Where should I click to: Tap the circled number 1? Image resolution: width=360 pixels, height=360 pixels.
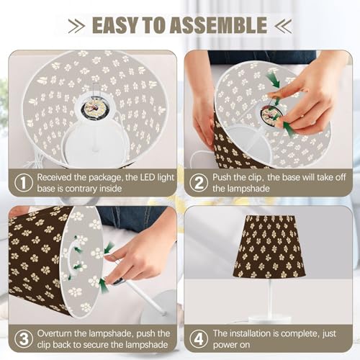23,183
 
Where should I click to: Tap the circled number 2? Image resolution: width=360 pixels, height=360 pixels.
199,183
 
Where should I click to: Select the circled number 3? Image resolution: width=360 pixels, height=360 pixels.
24,339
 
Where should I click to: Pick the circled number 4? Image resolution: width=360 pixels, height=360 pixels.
199,339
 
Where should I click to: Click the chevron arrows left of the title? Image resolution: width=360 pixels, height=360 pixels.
76,25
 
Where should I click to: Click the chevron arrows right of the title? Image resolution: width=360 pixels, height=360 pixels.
284,25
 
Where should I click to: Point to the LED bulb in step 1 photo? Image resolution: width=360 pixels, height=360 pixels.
94,107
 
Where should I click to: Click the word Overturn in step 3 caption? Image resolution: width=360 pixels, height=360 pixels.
55,333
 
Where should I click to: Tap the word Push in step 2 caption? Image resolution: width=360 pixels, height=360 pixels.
222,178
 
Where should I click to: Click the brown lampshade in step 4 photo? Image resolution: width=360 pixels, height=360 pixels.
269,246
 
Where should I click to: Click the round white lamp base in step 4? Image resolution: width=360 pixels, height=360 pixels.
270,320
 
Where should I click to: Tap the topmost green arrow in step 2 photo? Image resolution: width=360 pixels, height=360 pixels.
273,80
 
